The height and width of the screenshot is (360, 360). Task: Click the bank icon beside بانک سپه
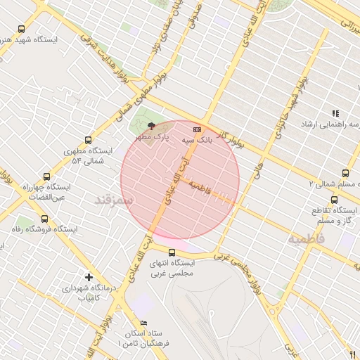pos(197,129)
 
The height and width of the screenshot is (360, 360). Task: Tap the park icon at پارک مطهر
pos(151,125)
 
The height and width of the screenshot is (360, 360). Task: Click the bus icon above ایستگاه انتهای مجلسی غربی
pos(172,252)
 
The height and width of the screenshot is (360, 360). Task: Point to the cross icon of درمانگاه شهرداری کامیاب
pos(89,276)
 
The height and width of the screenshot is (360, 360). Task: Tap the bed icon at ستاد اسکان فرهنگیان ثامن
pos(144,322)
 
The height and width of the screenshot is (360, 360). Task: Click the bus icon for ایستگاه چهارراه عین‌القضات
pos(47,177)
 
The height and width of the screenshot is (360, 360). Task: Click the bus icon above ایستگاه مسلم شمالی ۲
pos(345,172)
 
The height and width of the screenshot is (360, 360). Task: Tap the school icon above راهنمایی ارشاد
pos(335,113)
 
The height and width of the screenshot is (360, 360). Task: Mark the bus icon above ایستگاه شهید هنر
pos(22,30)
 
